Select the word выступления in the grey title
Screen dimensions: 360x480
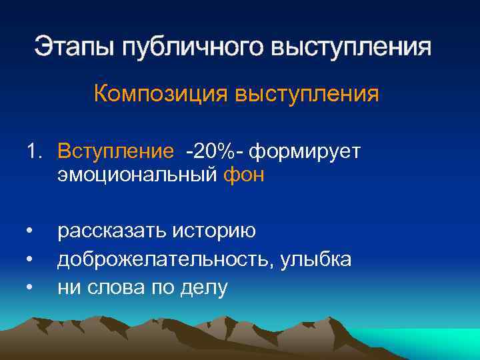pyautogui.click(x=352, y=48)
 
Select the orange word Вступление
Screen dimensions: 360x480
pyautogui.click(x=115, y=151)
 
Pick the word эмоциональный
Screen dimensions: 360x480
pyautogui.click(x=137, y=175)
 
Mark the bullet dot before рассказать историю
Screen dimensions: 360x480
pyautogui.click(x=30, y=232)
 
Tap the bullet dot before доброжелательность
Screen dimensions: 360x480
pyautogui.click(x=30, y=260)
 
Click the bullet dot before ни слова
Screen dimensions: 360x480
pyautogui.click(x=30, y=288)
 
